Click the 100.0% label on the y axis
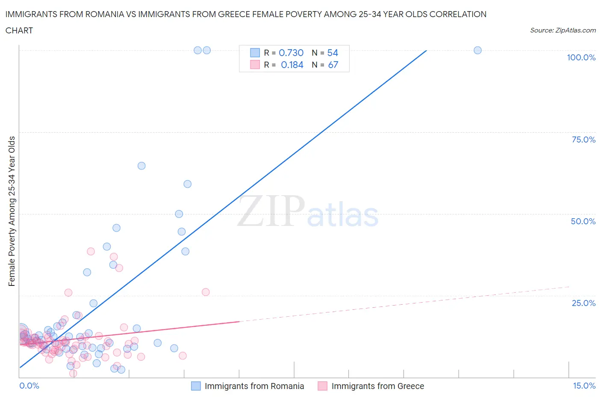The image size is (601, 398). [x=581, y=57]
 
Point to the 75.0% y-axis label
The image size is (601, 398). [x=583, y=140]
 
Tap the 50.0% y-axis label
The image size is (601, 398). [x=583, y=221]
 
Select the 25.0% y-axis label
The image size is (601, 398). [x=583, y=303]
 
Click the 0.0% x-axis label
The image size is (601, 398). [x=29, y=386]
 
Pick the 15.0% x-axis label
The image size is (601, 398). [x=584, y=386]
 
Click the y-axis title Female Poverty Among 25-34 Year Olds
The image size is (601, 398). [x=12, y=211]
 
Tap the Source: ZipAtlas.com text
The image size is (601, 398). [x=563, y=30]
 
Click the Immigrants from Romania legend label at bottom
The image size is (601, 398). [x=254, y=386]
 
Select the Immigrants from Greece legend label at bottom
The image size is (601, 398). [x=378, y=386]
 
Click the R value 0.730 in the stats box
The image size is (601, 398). [x=291, y=53]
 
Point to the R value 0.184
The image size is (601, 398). [x=292, y=65]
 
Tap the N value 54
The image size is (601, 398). [x=333, y=53]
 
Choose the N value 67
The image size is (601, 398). [x=333, y=65]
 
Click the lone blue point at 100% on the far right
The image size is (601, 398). [x=477, y=50]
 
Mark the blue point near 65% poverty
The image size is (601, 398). [x=141, y=166]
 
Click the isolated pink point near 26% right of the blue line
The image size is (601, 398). [x=206, y=292]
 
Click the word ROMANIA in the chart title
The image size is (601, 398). [x=105, y=14]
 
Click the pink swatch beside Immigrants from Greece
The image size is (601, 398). [x=322, y=386]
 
